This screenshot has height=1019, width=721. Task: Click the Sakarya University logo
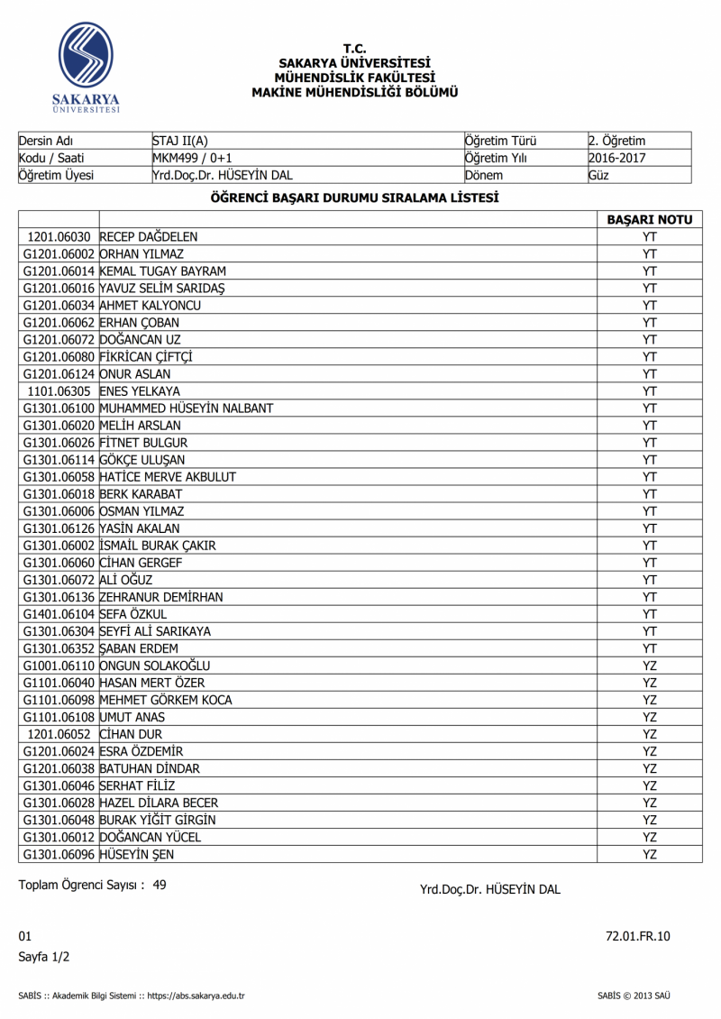(x=86, y=65)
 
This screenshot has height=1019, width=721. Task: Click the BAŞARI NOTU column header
(x=649, y=219)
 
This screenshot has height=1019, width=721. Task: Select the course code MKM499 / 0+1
(x=192, y=158)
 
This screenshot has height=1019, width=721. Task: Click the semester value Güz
(x=598, y=175)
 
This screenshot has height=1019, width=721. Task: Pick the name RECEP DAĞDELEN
(x=148, y=236)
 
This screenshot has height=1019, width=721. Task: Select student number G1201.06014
(x=59, y=271)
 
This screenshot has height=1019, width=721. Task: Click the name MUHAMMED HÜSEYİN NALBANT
(x=187, y=408)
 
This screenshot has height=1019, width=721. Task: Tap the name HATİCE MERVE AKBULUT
(x=168, y=476)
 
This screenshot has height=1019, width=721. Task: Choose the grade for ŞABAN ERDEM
(x=649, y=647)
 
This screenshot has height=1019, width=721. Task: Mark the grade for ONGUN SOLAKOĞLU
(x=649, y=665)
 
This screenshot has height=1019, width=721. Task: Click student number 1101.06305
(x=59, y=390)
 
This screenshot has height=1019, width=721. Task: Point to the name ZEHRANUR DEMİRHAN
(x=161, y=596)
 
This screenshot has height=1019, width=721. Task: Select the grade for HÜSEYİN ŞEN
(x=649, y=853)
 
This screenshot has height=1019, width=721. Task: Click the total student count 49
(x=160, y=885)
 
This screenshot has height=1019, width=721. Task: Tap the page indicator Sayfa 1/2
(x=44, y=956)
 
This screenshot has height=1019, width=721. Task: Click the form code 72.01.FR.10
(x=638, y=936)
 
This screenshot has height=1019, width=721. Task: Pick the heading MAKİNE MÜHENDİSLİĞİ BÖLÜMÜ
(x=355, y=92)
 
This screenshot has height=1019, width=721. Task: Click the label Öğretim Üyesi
(x=56, y=175)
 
